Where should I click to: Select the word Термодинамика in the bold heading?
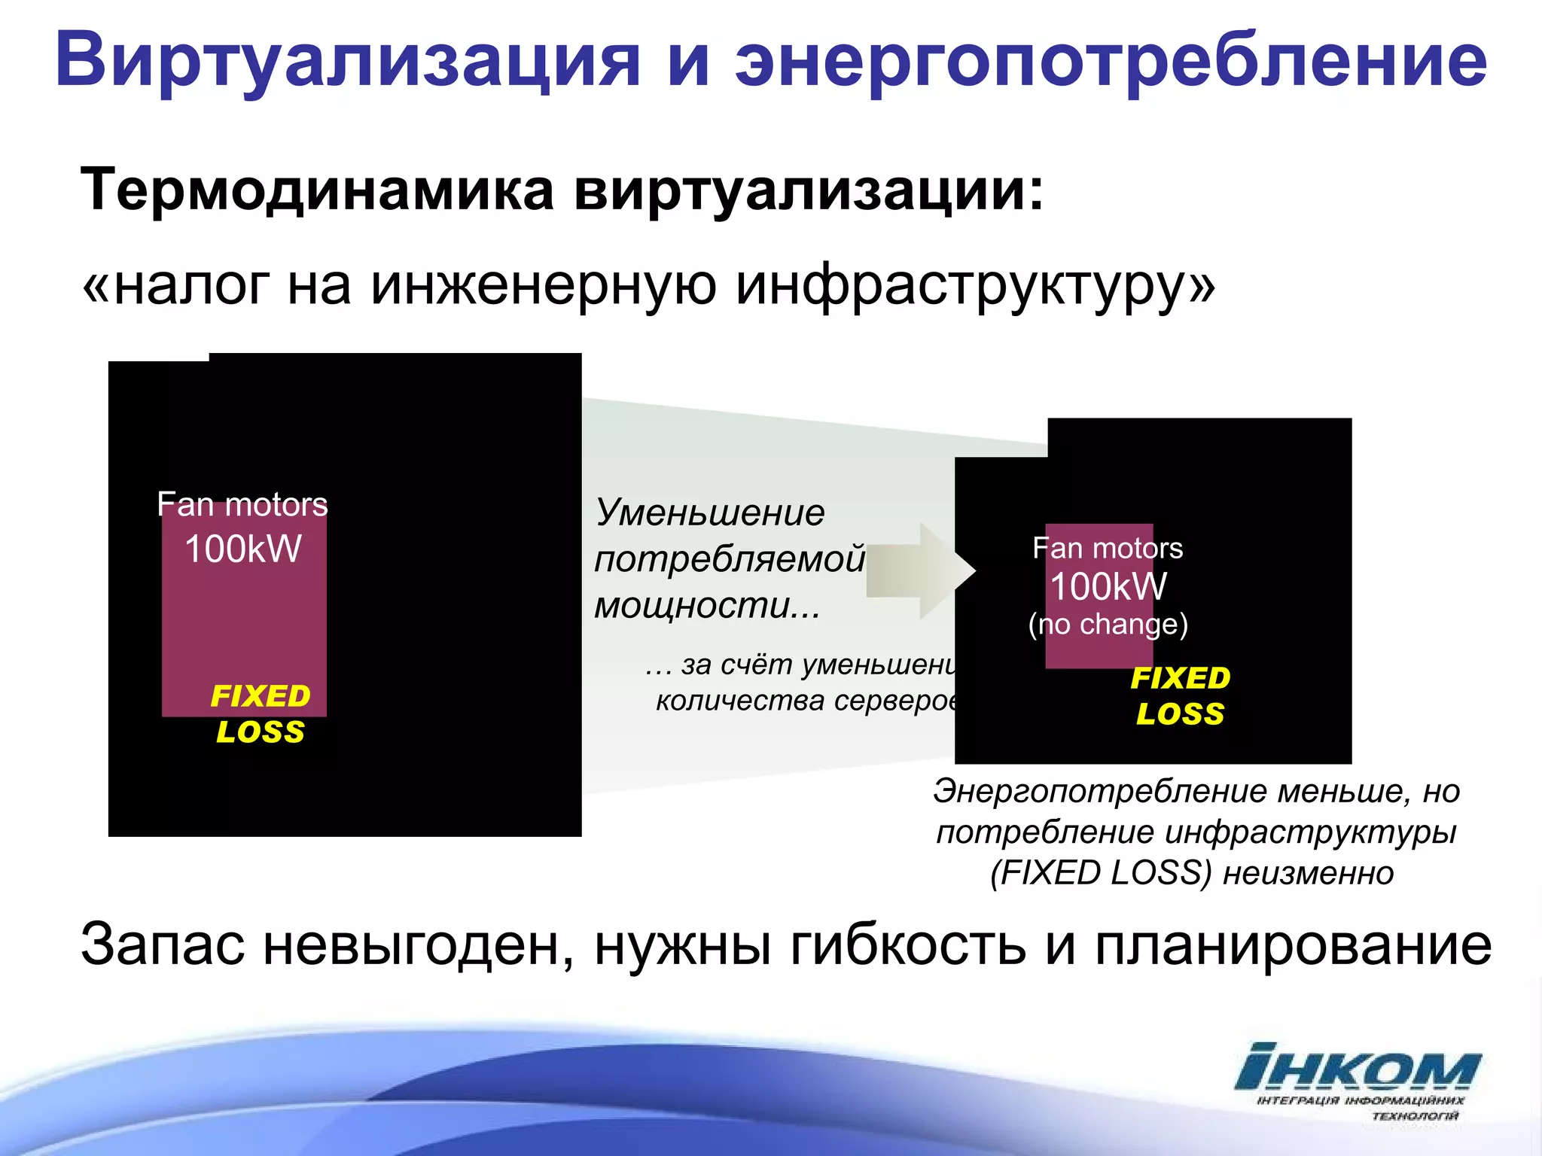[316, 190]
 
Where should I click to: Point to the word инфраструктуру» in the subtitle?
[975, 286]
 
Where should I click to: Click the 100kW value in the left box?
[242, 549]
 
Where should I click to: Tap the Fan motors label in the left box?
[242, 504]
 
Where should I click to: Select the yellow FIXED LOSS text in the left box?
[261, 713]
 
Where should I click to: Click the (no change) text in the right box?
[1108, 624]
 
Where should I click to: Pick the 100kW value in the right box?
[1108, 586]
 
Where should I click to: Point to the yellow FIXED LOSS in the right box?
[1180, 695]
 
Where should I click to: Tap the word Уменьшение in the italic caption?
[710, 513]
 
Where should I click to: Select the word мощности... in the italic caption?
[707, 605]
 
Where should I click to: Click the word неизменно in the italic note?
[1308, 873]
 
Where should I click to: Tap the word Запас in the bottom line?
[163, 944]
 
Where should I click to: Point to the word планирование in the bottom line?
[1292, 945]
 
